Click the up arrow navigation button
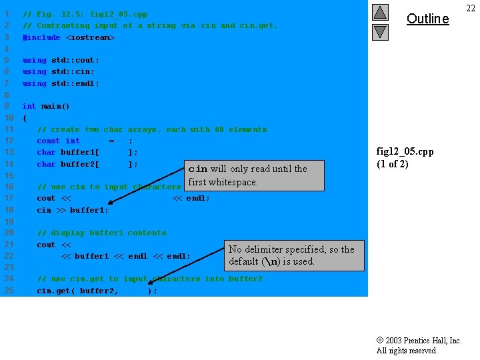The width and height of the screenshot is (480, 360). (380, 12)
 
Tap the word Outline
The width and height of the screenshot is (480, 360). (427, 19)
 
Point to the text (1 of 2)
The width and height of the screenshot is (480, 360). (393, 164)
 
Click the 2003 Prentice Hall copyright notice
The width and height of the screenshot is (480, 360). (419, 345)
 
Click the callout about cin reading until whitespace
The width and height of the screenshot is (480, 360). (247, 175)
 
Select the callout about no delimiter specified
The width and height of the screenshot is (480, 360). (294, 255)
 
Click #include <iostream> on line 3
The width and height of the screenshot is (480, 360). (69, 37)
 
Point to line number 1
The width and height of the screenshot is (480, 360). (7, 14)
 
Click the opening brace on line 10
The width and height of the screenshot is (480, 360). (25, 118)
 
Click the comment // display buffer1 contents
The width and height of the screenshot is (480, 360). (101, 233)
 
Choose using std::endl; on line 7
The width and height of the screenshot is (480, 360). (61, 83)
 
